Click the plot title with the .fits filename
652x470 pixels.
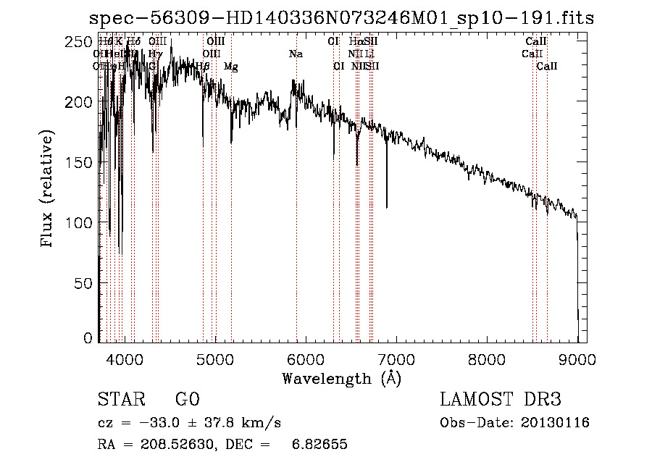coord(340,18)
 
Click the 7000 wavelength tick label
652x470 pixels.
coord(396,358)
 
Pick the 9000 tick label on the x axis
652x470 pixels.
coord(577,358)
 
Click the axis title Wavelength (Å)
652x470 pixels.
coord(341,378)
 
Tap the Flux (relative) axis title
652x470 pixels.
coord(49,190)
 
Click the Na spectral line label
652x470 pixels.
coord(296,54)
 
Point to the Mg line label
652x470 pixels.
coord(230,66)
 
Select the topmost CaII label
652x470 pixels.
coord(536,42)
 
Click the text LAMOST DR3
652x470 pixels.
coord(501,400)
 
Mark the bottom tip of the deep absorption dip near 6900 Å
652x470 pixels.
coord(386,207)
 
